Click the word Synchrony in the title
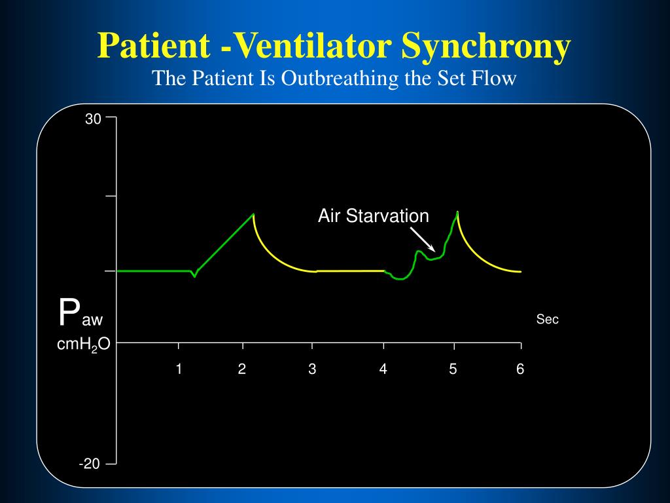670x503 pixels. [486, 47]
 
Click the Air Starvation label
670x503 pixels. [373, 216]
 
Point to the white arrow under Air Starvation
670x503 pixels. [422, 238]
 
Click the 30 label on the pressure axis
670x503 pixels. [93, 119]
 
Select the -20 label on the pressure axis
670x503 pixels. [90, 464]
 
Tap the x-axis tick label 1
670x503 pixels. [178, 369]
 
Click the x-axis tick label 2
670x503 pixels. [242, 369]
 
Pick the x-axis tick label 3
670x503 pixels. [312, 369]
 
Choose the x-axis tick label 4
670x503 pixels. [383, 369]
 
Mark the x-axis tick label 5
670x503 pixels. [453, 369]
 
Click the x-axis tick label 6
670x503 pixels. [520, 369]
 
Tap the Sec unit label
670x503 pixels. [547, 320]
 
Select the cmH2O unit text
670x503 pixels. [83, 345]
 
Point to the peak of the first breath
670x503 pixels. [253, 214]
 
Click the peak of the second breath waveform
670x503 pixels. [457, 212]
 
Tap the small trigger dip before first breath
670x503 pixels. [194, 276]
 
